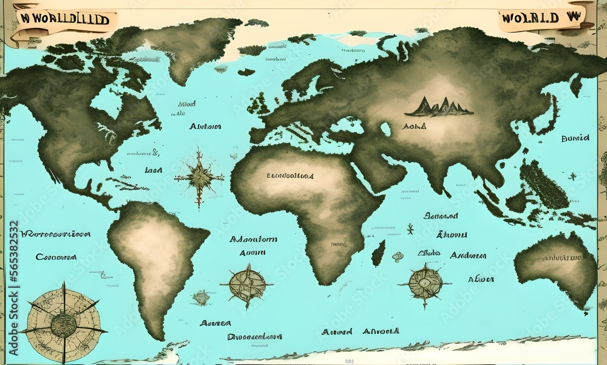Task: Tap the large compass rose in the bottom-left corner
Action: click(x=63, y=323)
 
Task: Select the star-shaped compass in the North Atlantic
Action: click(x=199, y=178)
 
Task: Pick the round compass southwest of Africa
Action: click(x=246, y=284)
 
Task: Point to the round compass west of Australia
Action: click(x=425, y=283)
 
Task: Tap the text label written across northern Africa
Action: click(x=290, y=176)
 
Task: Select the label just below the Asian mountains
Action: click(x=415, y=126)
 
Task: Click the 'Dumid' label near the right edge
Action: click(x=575, y=138)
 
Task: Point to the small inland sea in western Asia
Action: click(x=385, y=129)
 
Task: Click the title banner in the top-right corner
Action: click(x=543, y=17)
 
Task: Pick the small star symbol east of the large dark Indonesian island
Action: click(x=572, y=176)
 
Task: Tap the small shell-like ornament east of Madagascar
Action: click(x=398, y=256)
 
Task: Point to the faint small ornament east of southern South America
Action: click(x=201, y=298)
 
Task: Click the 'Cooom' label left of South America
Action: click(x=56, y=257)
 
